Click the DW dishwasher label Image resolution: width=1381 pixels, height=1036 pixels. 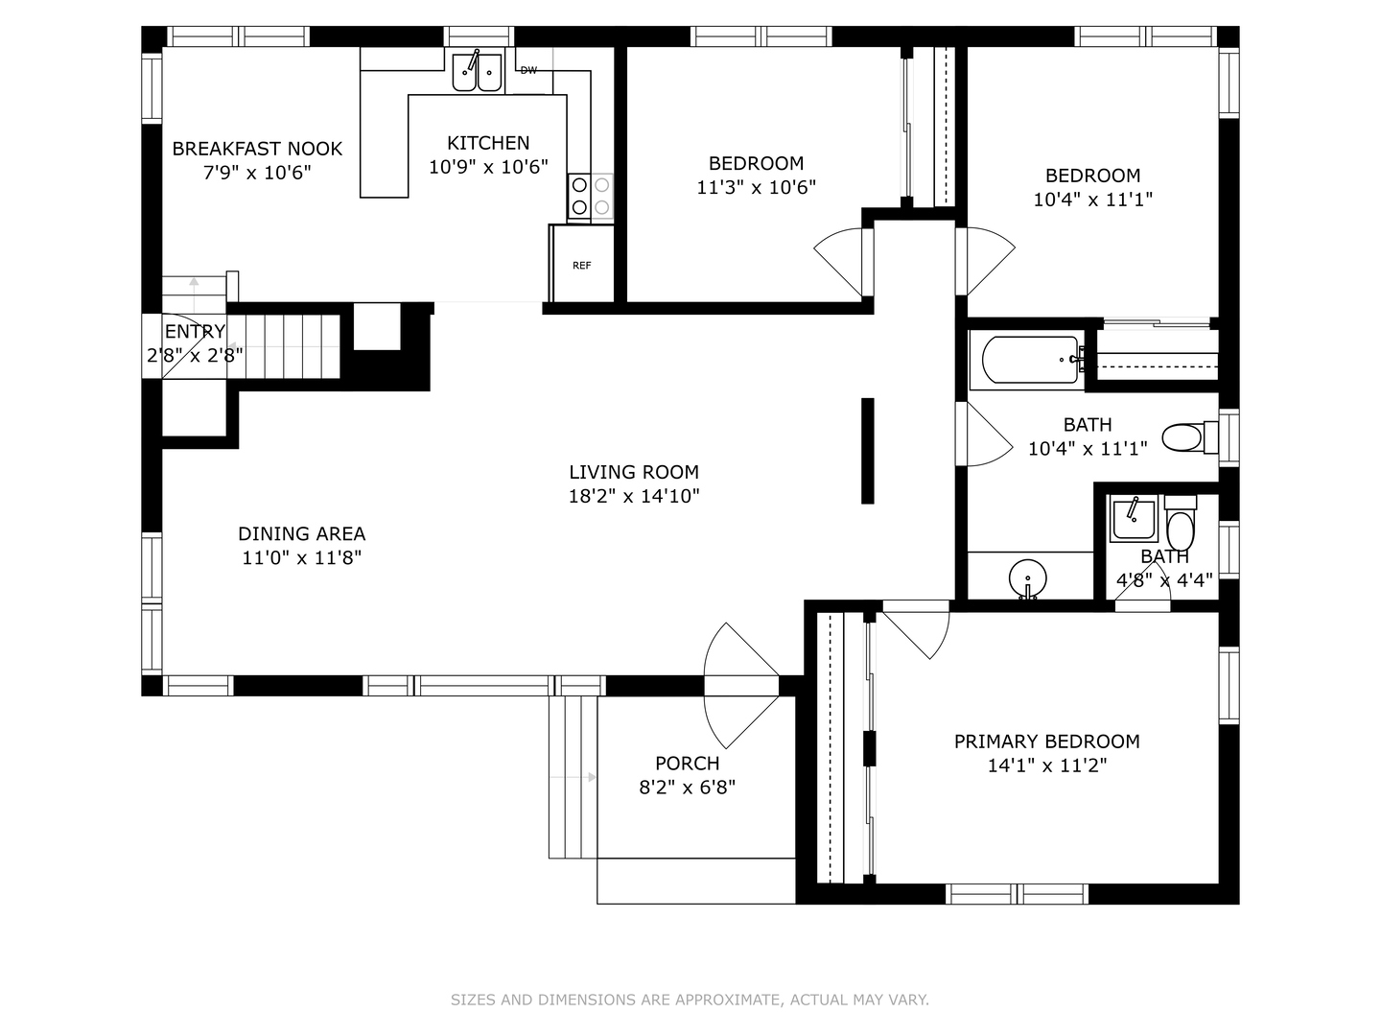(528, 70)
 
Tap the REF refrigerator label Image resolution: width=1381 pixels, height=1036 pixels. (581, 266)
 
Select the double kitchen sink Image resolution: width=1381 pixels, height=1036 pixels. (477, 71)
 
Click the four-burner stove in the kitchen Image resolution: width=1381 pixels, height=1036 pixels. (590, 196)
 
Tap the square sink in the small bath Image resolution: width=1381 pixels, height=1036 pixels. (1134, 518)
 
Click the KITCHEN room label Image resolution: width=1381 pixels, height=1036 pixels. (488, 143)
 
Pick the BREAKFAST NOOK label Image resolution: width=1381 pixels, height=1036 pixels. (257, 149)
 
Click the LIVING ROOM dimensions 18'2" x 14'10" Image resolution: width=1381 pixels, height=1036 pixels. (634, 496)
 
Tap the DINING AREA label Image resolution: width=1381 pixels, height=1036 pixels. (301, 533)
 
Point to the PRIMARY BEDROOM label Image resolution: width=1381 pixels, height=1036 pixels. (1047, 741)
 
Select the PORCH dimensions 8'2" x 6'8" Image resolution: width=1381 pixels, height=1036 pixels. (687, 787)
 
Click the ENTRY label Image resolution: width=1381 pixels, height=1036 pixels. (195, 331)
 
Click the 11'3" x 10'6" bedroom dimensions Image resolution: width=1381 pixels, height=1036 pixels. (757, 187)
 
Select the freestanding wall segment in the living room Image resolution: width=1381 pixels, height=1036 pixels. (868, 451)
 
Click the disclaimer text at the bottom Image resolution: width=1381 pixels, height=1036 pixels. (690, 1000)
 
